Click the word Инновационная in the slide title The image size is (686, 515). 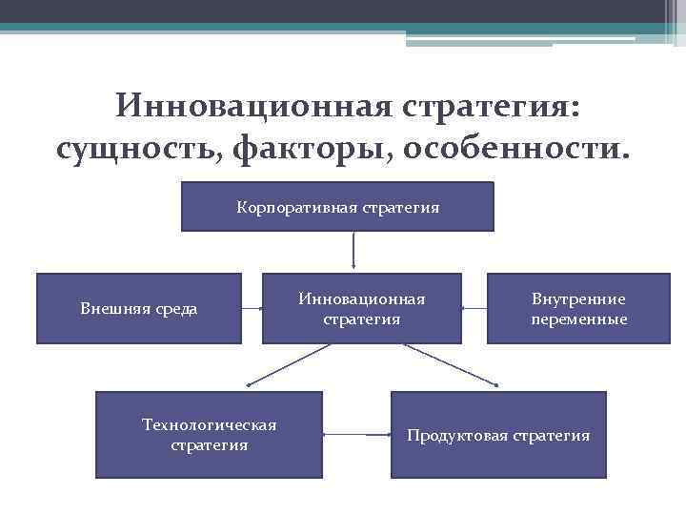pyautogui.click(x=252, y=105)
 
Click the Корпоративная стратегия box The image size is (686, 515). pyautogui.click(x=337, y=207)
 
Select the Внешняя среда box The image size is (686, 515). pyautogui.click(x=139, y=308)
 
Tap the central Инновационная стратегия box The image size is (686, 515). pyautogui.click(x=362, y=308)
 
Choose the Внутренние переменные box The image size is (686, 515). pyautogui.click(x=579, y=308)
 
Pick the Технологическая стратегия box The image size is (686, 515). pyautogui.click(x=209, y=434)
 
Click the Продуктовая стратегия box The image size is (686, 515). pyautogui.click(x=498, y=435)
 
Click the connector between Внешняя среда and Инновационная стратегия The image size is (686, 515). pyautogui.click(x=252, y=308)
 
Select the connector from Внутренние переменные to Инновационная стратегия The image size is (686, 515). pyautogui.click(x=474, y=308)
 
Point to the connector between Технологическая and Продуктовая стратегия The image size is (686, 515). pyautogui.click(x=357, y=435)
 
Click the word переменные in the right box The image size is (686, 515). pyautogui.click(x=579, y=319)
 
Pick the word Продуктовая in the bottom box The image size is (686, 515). pyautogui.click(x=457, y=436)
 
